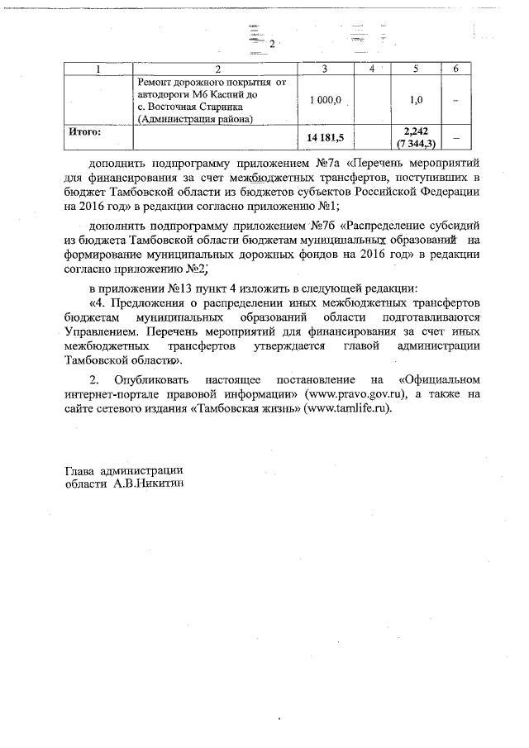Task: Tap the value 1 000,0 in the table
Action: (325, 100)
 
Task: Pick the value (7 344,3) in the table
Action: (417, 144)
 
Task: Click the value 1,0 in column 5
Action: (417, 100)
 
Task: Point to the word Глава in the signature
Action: (80, 471)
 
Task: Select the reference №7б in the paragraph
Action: (323, 224)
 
